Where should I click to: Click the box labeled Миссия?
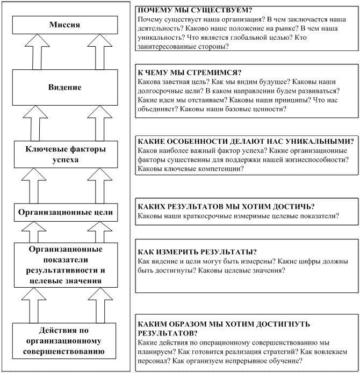[x=64, y=25]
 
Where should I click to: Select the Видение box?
[x=64, y=87]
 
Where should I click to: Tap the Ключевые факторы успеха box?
[x=64, y=153]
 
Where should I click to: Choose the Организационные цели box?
[x=64, y=213]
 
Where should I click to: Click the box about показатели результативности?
[x=64, y=265]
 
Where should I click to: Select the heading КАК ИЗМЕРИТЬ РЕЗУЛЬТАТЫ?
[x=197, y=252]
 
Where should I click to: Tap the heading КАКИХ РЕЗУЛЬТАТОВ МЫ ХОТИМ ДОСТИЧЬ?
[x=226, y=207]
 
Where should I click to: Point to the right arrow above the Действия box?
[x=98, y=305]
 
